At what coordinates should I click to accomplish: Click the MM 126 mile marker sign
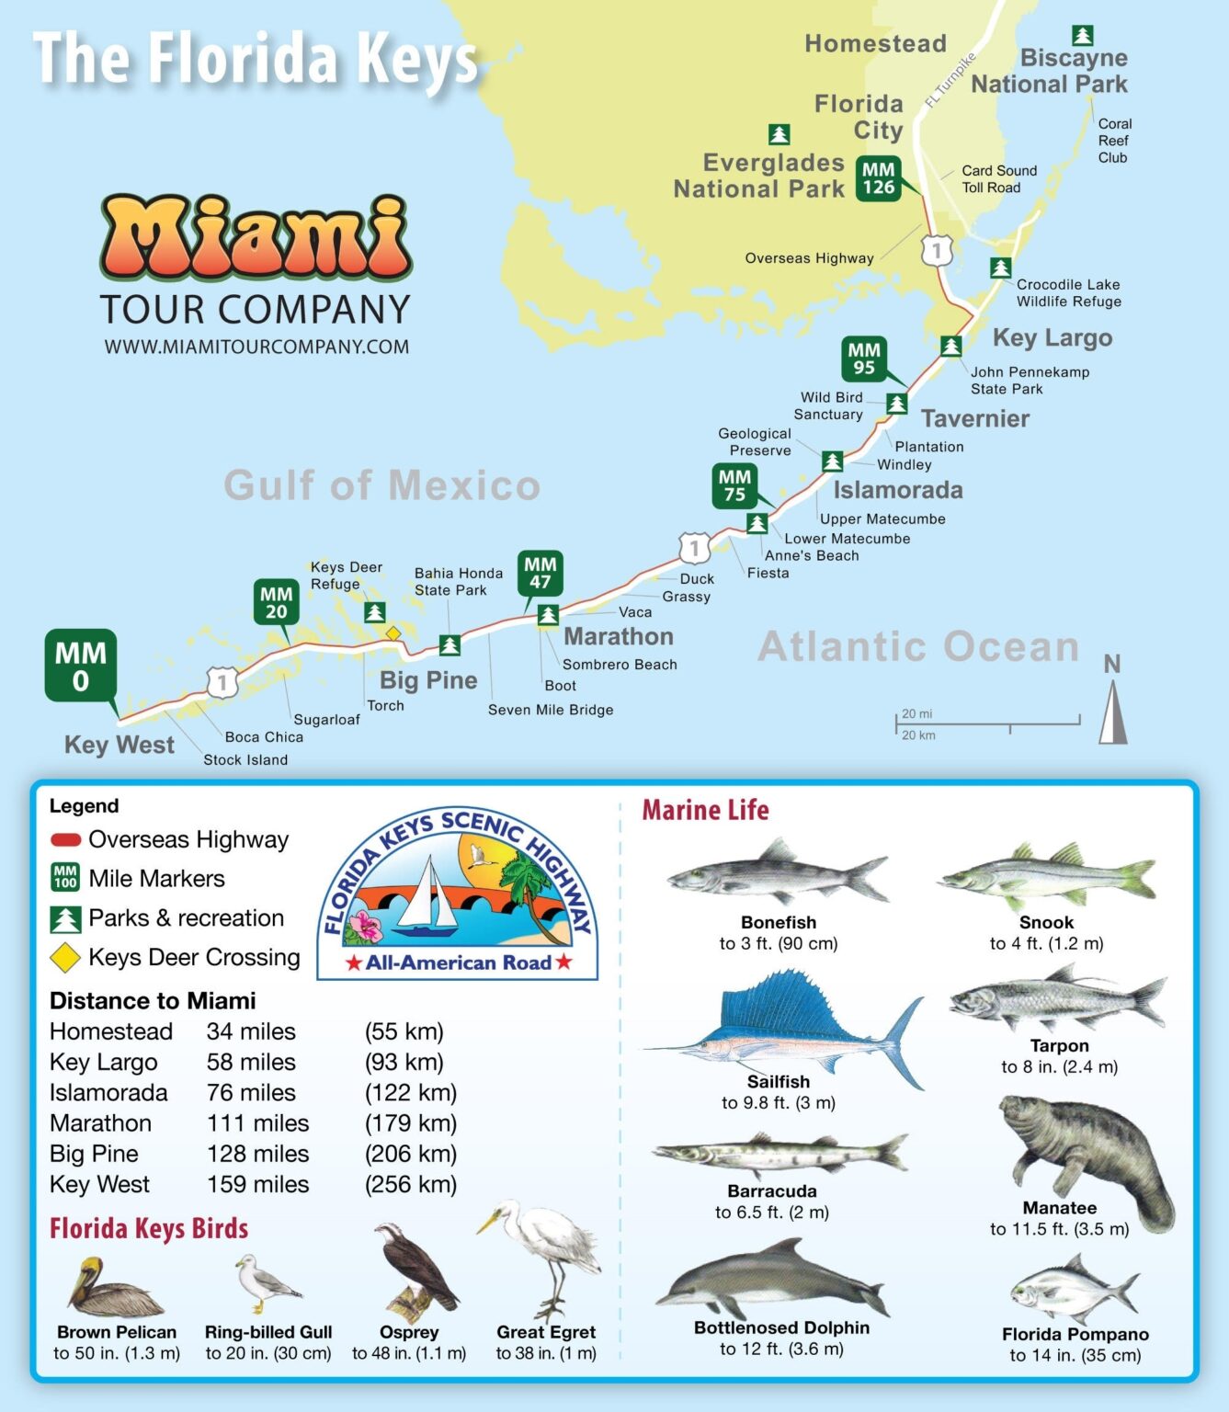(x=878, y=178)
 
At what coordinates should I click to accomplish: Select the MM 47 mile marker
(x=541, y=574)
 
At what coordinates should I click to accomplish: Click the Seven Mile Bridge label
(x=551, y=710)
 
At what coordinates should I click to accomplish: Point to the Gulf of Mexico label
(x=382, y=485)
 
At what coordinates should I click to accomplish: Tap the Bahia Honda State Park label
(x=458, y=581)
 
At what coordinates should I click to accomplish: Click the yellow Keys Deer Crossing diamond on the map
(x=393, y=633)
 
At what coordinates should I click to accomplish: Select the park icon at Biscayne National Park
(x=1083, y=35)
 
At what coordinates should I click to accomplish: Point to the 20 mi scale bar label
(x=916, y=713)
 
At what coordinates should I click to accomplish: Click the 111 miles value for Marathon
(x=257, y=1123)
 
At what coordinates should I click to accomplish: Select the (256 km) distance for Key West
(x=411, y=1184)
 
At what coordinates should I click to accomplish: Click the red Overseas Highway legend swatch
(x=65, y=839)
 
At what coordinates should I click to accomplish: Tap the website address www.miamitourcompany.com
(x=256, y=347)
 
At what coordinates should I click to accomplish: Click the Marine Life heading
(x=705, y=810)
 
